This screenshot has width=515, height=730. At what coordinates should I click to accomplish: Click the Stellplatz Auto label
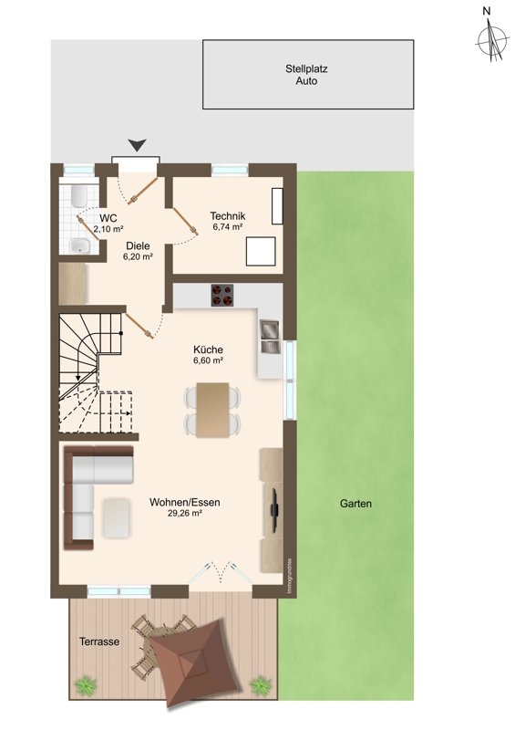(x=306, y=75)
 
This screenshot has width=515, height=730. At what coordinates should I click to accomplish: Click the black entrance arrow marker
(x=138, y=145)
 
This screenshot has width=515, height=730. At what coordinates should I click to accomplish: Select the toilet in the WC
(x=77, y=197)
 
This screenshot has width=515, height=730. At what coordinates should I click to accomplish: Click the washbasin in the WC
(x=79, y=245)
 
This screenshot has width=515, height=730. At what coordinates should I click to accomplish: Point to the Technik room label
(x=228, y=216)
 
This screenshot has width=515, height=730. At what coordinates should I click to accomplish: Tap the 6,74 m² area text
(x=228, y=227)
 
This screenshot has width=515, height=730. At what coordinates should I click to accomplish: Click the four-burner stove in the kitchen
(x=221, y=295)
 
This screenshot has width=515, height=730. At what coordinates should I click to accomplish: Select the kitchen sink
(x=270, y=337)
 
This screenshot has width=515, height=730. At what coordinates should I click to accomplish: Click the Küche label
(x=208, y=349)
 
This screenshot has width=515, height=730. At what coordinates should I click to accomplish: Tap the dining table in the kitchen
(x=212, y=410)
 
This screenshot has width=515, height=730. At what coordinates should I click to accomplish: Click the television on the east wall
(x=275, y=509)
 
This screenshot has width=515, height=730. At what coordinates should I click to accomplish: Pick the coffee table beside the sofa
(x=117, y=517)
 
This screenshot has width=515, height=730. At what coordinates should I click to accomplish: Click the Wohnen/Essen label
(x=185, y=503)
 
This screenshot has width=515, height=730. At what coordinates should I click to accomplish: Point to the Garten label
(x=355, y=504)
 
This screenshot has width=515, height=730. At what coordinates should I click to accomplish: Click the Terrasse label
(x=99, y=641)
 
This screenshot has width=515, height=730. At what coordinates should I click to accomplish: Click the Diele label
(x=139, y=245)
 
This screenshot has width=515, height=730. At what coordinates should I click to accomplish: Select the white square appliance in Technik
(x=261, y=252)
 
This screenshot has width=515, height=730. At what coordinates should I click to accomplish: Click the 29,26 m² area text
(x=185, y=514)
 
